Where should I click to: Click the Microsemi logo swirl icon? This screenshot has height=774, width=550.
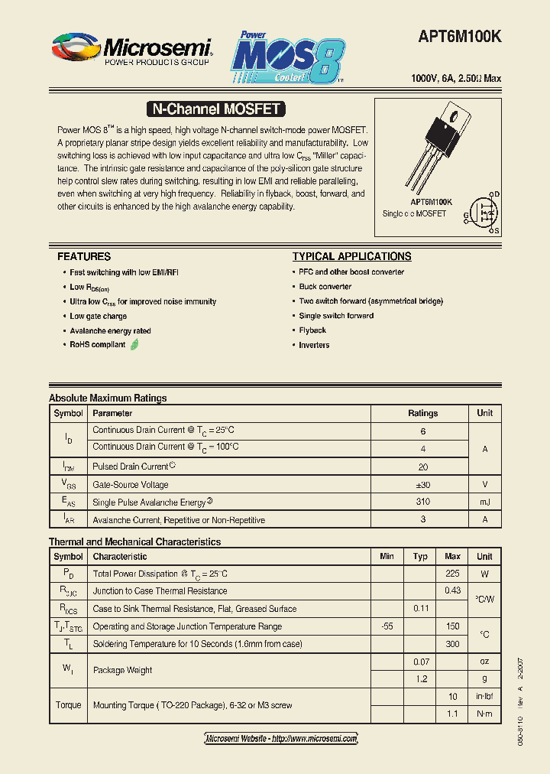[76, 48]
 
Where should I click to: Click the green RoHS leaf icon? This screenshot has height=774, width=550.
[135, 345]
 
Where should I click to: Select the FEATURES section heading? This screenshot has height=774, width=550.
[84, 257]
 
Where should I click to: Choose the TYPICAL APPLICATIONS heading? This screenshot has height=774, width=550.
[351, 257]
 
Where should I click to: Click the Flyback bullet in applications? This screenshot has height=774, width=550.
[312, 330]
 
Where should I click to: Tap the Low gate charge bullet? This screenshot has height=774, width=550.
[99, 316]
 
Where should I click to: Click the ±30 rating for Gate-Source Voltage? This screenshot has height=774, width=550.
[422, 484]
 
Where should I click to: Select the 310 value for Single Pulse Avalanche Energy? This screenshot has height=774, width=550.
[422, 502]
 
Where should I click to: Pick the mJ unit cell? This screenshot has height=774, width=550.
[484, 502]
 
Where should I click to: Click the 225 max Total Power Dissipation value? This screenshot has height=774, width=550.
[452, 574]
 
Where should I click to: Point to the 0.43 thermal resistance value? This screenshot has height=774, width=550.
[452, 590]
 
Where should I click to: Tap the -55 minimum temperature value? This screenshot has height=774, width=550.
[387, 626]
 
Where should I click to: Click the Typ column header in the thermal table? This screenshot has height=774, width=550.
[420, 556]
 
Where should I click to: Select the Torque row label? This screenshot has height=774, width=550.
[68, 705]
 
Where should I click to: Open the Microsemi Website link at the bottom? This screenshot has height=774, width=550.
[282, 738]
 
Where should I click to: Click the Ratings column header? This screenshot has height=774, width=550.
[422, 413]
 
